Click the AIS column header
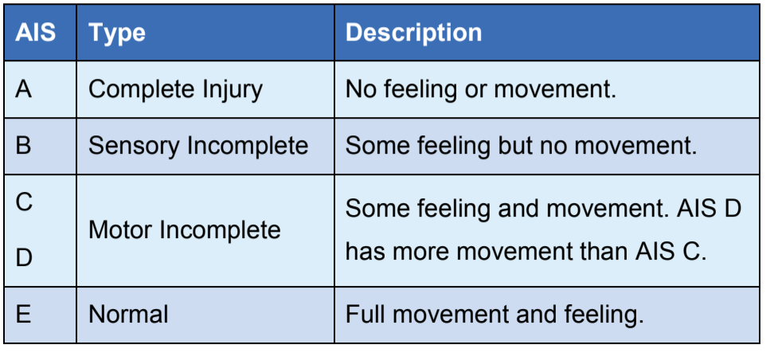pyautogui.click(x=36, y=33)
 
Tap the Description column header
pyautogui.click(x=413, y=33)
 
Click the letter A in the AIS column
pyautogui.click(x=24, y=90)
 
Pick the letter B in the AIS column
pyautogui.click(x=23, y=147)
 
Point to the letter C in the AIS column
pyautogui.click(x=24, y=202)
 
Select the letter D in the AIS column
pyautogui.click(x=24, y=258)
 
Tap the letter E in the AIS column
pyautogui.click(x=23, y=315)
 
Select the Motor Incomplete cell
pyautogui.click(x=185, y=230)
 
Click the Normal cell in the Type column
pyautogui.click(x=128, y=315)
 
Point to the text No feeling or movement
pyautogui.click(x=481, y=90)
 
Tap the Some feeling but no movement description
pyautogui.click(x=522, y=147)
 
